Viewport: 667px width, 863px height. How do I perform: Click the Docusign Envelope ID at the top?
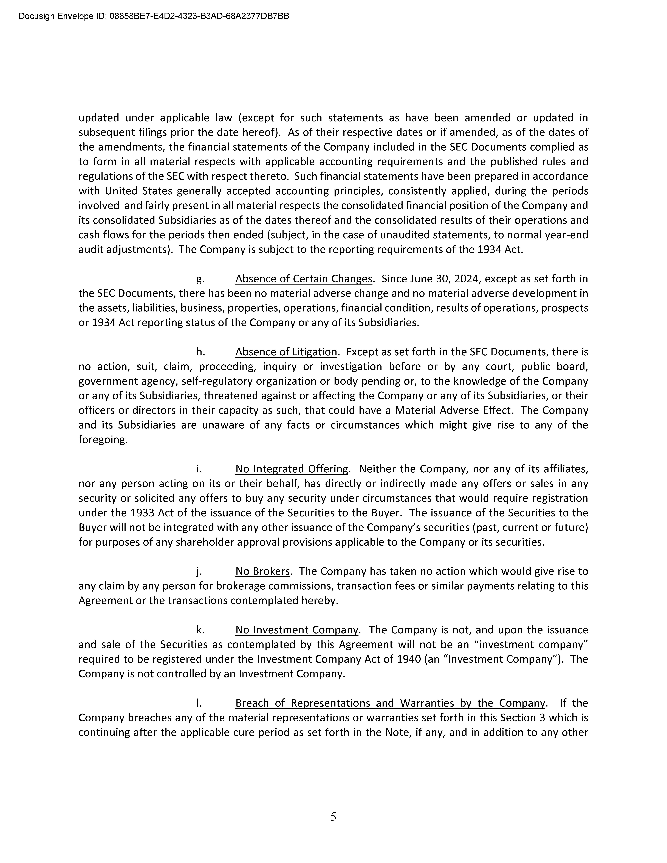pos(154,16)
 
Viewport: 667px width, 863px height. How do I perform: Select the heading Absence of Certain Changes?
pos(304,279)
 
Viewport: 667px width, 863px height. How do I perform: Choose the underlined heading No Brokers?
pos(262,571)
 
